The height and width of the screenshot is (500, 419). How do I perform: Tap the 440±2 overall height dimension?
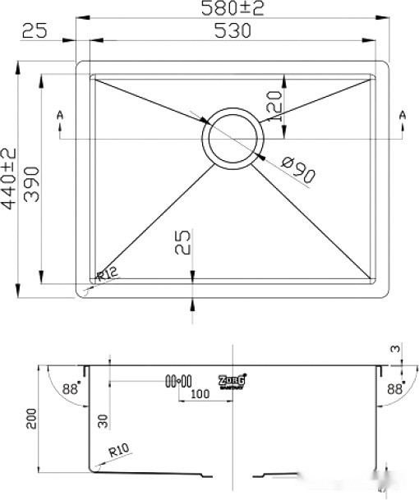(10, 179)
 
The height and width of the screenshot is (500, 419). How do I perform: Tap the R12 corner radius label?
(108, 277)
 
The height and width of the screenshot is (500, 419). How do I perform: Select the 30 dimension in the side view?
(103, 421)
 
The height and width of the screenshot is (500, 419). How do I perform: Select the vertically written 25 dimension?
(184, 243)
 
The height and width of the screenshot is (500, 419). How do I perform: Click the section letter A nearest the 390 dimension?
(60, 115)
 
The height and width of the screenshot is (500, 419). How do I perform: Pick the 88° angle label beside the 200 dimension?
(74, 390)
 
